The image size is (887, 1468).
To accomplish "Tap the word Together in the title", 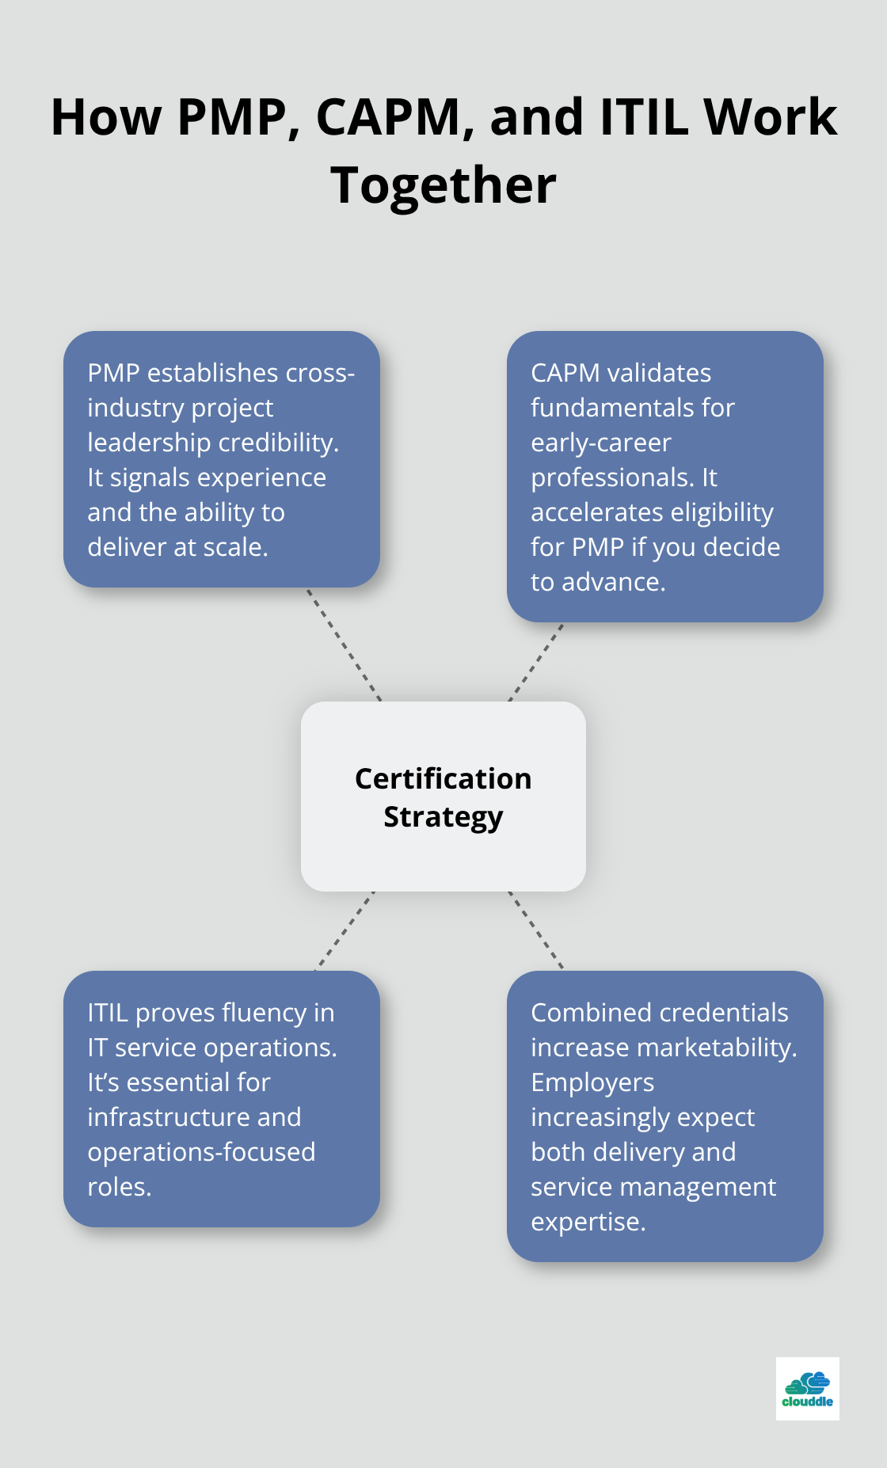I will click(443, 185).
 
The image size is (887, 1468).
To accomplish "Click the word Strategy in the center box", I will click(443, 816).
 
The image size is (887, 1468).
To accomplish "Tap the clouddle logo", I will click(807, 1389).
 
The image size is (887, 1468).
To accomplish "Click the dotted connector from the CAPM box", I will click(536, 662).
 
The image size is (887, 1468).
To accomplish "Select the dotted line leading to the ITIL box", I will click(345, 930).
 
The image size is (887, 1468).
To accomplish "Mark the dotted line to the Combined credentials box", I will click(536, 930).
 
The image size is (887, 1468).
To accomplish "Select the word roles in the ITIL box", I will click(118, 1187).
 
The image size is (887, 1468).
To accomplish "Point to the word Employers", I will click(592, 1082).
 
